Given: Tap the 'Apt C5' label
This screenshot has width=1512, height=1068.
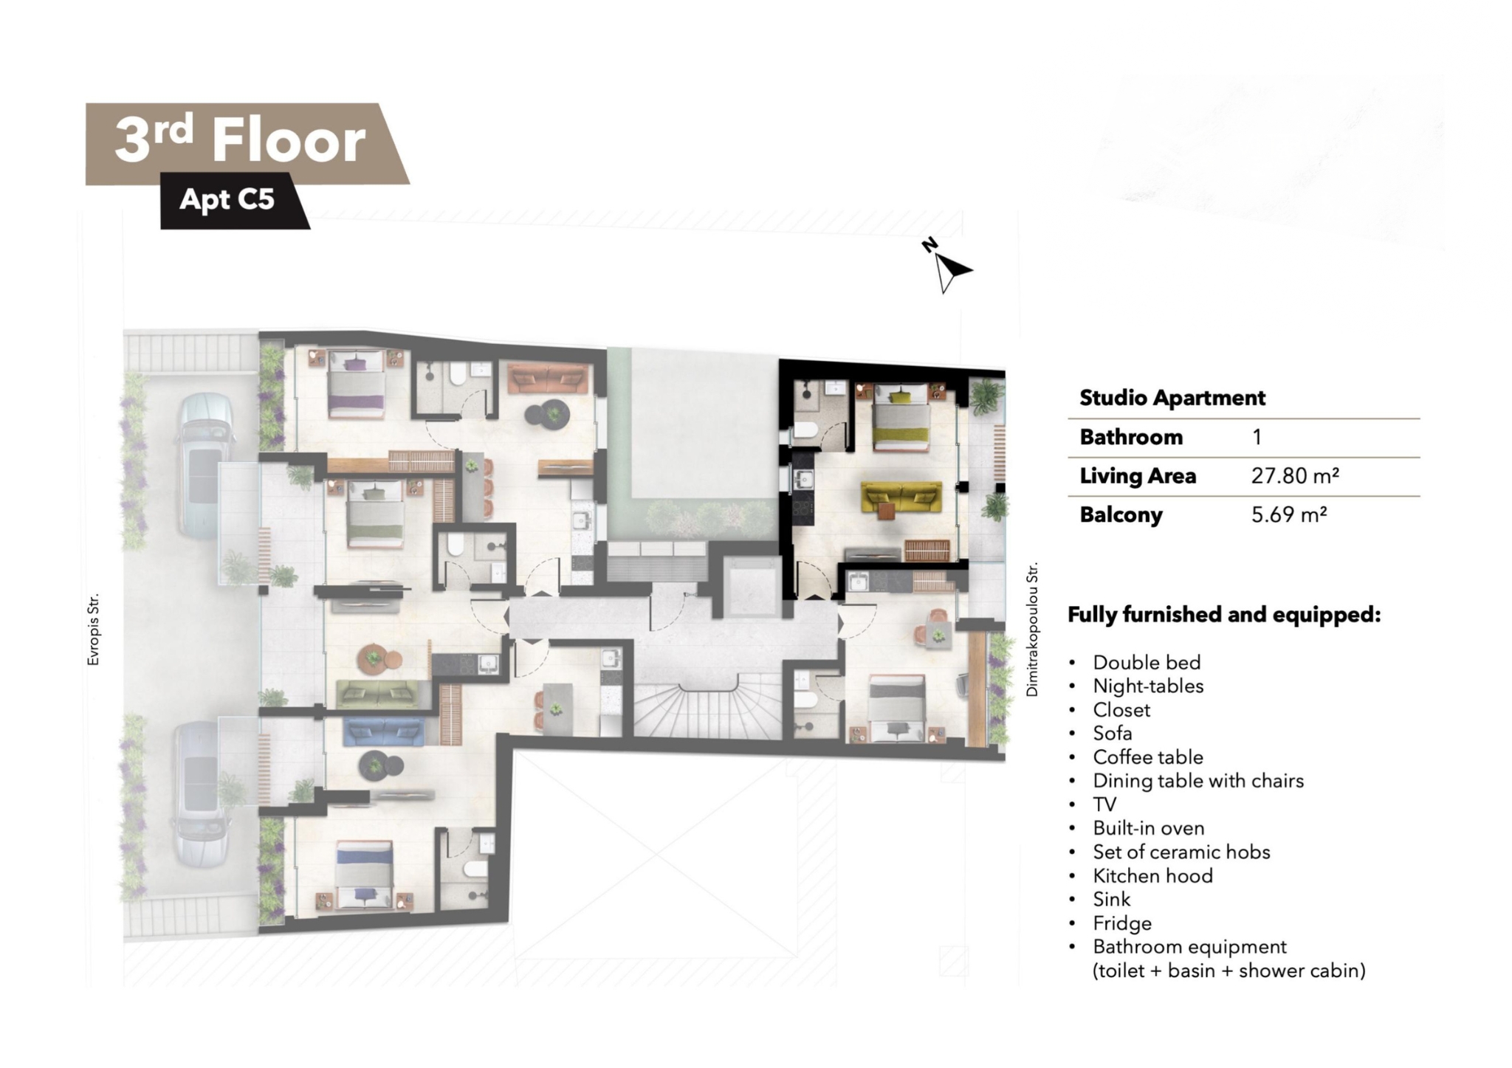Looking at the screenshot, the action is (x=227, y=199).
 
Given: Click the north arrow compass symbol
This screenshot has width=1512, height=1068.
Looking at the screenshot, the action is (x=946, y=267).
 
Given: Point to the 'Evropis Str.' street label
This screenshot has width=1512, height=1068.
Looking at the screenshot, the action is (x=93, y=630).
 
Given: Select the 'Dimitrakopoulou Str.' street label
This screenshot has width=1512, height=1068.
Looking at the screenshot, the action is (x=1032, y=630).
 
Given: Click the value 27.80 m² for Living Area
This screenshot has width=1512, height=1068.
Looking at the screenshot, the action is (x=1295, y=476).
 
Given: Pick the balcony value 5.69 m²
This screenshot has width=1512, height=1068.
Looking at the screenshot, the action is (x=1289, y=514).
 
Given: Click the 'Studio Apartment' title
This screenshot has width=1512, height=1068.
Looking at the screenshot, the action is (x=1172, y=398).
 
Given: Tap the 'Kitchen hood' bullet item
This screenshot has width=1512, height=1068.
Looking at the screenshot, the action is (x=1152, y=876).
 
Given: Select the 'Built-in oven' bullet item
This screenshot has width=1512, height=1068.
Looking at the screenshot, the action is (x=1148, y=828).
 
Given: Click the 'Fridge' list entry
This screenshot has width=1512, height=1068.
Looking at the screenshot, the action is (x=1122, y=923).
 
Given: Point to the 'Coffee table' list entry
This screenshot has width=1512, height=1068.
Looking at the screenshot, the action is (x=1148, y=757).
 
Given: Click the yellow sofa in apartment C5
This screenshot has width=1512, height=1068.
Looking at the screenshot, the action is (x=901, y=496).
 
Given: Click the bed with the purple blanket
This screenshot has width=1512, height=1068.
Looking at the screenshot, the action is (x=356, y=384).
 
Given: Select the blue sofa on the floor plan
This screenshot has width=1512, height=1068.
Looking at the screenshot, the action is (x=384, y=731).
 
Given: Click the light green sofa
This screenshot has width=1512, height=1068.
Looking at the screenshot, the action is (x=377, y=694).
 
